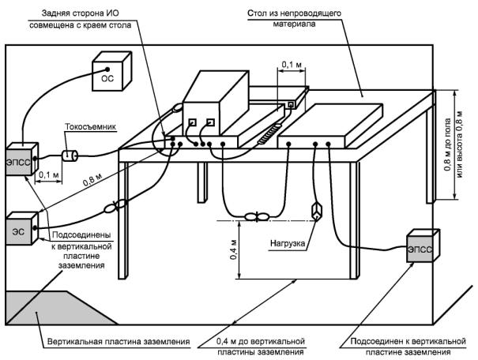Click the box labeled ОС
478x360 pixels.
tap(111, 71)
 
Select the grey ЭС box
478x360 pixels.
tap(22, 228)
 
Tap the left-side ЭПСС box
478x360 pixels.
tap(22, 159)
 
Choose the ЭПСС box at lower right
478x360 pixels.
tap(423, 246)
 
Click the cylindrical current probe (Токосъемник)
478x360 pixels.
tap(70, 156)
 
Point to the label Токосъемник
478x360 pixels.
tap(91, 126)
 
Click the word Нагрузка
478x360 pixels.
tap(288, 243)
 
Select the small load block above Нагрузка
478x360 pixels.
tap(316, 211)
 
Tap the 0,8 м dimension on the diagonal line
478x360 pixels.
tap(92, 180)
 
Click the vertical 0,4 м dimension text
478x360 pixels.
tap(233, 249)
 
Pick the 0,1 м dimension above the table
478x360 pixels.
tap(292, 65)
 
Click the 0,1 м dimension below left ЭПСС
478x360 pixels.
tap(49, 175)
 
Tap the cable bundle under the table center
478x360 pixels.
tap(257, 216)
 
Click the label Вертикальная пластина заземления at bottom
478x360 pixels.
tap(119, 342)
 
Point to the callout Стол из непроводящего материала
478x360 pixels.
tap(294, 19)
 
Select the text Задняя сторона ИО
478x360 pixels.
tap(80, 13)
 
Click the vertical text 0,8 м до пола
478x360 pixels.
tap(448, 144)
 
